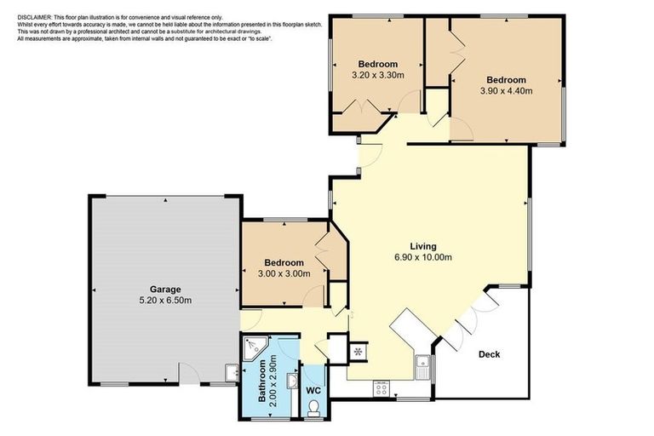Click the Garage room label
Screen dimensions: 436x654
pyautogui.click(x=165, y=290)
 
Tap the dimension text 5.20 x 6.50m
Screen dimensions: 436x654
pyautogui.click(x=165, y=301)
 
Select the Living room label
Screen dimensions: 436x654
pyautogui.click(x=422, y=246)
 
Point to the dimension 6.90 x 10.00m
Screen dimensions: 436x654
pyautogui.click(x=422, y=257)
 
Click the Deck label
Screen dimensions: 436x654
pyautogui.click(x=489, y=354)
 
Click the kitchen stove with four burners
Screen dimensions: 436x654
pyautogui.click(x=381, y=388)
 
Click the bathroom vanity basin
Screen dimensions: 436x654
pyautogui.click(x=292, y=381)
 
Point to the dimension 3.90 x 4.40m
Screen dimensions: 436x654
pyautogui.click(x=506, y=91)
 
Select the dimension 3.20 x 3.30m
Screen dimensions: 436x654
pyautogui.click(x=377, y=76)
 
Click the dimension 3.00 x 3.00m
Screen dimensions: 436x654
pyautogui.click(x=284, y=273)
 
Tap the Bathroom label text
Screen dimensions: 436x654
pyautogui.click(x=263, y=381)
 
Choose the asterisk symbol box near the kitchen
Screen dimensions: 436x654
pyautogui.click(x=359, y=350)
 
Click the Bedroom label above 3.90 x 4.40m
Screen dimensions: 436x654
pyautogui.click(x=506, y=80)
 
